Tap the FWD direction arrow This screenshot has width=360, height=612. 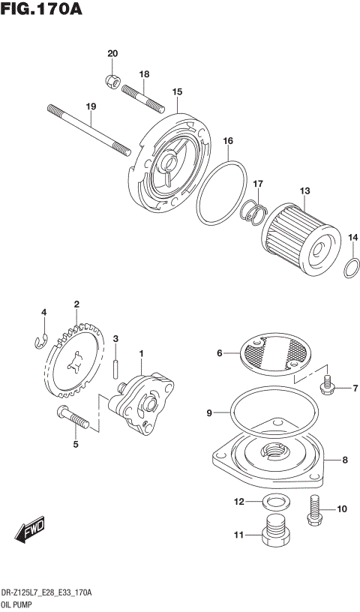click(x=29, y=530)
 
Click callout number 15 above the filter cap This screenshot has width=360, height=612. click(x=177, y=92)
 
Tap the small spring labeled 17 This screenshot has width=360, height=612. click(x=253, y=213)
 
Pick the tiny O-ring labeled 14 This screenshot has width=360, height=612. click(x=351, y=267)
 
